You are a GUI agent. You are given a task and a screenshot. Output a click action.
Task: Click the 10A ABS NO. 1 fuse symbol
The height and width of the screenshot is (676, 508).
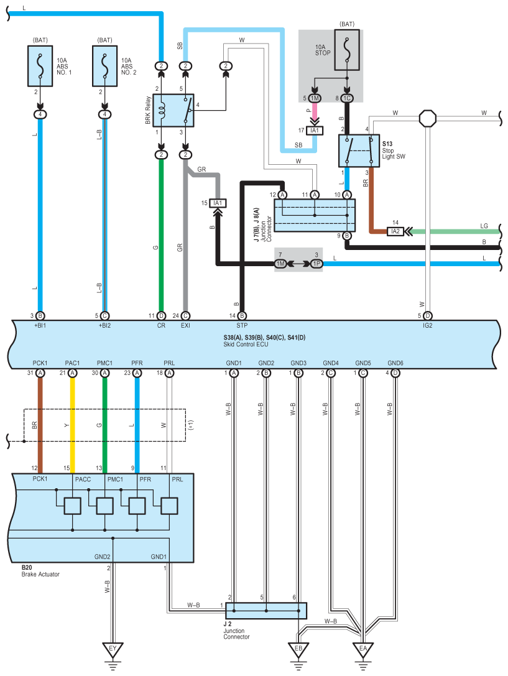pos(40,66)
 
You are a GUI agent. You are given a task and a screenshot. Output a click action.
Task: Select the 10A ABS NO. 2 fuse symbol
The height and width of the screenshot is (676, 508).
pos(104,66)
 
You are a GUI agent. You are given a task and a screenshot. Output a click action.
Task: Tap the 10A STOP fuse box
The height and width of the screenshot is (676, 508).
pos(347,50)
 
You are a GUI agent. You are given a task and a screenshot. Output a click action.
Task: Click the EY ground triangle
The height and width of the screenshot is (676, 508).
pos(113,649)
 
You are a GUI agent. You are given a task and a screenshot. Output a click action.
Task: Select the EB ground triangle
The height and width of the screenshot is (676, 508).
pos(298,649)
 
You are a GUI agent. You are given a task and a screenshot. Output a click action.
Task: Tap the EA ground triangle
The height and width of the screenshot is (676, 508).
pos(363,649)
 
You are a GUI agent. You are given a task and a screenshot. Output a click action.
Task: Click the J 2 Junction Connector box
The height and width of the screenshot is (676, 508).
pos(266,611)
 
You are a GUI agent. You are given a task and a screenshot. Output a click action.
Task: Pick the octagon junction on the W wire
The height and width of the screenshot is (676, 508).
pos(427,118)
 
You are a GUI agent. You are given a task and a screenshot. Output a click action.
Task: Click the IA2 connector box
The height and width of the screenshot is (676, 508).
pos(395,231)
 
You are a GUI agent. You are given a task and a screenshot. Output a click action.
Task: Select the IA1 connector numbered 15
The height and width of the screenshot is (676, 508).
pos(218,203)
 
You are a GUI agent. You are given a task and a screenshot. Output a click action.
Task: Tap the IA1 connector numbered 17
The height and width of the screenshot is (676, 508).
pos(315,130)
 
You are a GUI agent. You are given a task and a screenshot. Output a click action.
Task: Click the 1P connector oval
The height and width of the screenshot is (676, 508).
pos(316,264)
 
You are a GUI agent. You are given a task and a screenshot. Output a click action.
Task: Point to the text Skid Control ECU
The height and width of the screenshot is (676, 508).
pos(246,345)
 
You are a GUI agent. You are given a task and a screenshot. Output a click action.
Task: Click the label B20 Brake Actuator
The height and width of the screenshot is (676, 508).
pos(40,571)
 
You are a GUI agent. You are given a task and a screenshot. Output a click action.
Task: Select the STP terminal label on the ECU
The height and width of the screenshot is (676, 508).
pos(242,325)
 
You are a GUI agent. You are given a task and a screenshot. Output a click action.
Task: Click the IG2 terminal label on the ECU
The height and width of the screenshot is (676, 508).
pos(427,325)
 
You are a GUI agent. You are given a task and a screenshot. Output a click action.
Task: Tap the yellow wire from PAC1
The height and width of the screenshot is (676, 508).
pos(72,425)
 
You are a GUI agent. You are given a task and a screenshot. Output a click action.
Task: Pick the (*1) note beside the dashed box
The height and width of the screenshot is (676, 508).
pos(192,425)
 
